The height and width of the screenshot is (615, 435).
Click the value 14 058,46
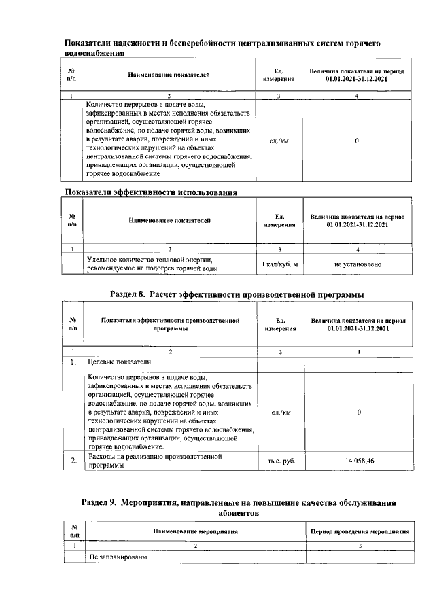[x=358, y=461]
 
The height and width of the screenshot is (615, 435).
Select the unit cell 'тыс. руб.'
[x=280, y=461]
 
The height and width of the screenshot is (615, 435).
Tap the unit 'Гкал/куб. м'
[x=280, y=264]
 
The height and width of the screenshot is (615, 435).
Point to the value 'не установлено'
[x=358, y=264]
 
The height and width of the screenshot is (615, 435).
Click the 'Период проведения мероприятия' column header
[x=360, y=531]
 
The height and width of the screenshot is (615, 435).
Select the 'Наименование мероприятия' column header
[x=194, y=531]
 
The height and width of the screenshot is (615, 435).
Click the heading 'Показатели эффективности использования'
[x=150, y=192]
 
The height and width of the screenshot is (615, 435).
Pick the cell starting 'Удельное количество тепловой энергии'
[x=153, y=264]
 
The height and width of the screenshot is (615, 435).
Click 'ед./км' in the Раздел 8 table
[x=280, y=412]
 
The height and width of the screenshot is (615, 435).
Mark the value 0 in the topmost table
[x=358, y=141]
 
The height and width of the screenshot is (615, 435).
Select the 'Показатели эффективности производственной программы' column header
[x=171, y=323]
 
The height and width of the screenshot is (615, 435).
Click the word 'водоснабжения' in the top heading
[x=95, y=52]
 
